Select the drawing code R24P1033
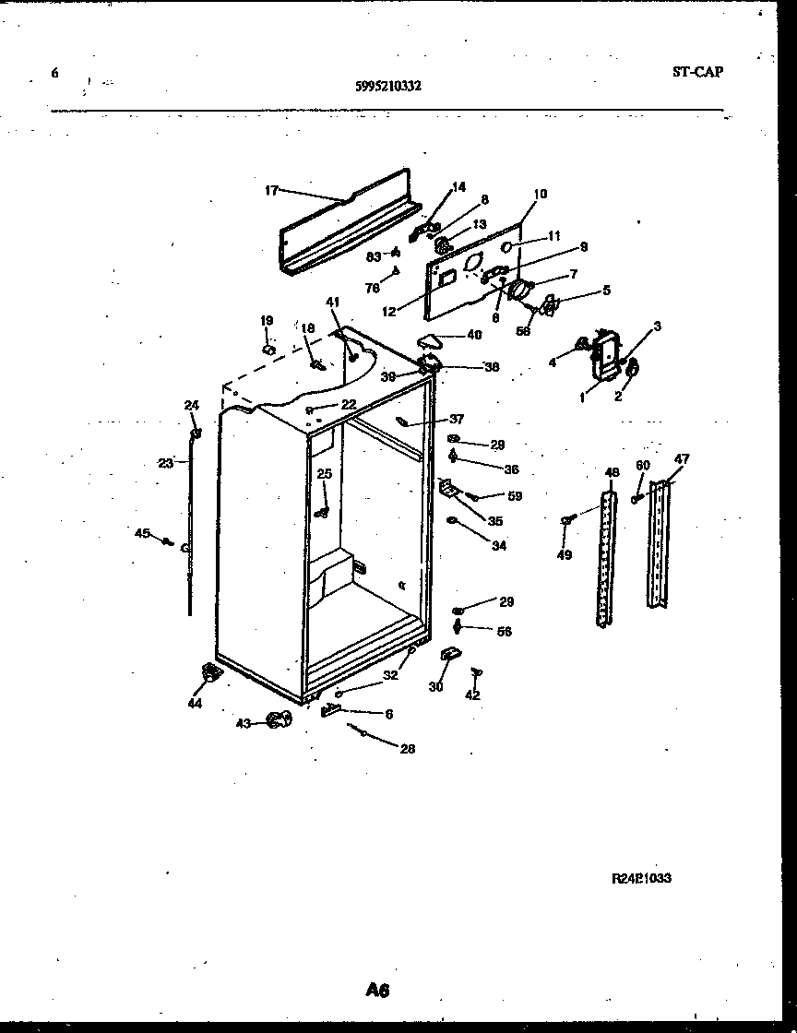click(641, 879)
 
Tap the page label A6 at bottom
click(377, 991)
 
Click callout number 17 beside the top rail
click(271, 191)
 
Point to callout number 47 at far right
click(682, 458)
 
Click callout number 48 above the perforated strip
click(611, 473)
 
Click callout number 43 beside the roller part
click(244, 723)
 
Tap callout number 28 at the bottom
click(407, 749)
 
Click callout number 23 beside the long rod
click(165, 464)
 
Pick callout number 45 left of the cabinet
click(142, 532)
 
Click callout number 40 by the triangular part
click(473, 335)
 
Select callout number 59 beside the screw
click(515, 496)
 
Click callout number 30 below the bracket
click(435, 686)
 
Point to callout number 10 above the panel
click(540, 194)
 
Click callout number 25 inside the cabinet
click(324, 473)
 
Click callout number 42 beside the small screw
click(472, 695)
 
